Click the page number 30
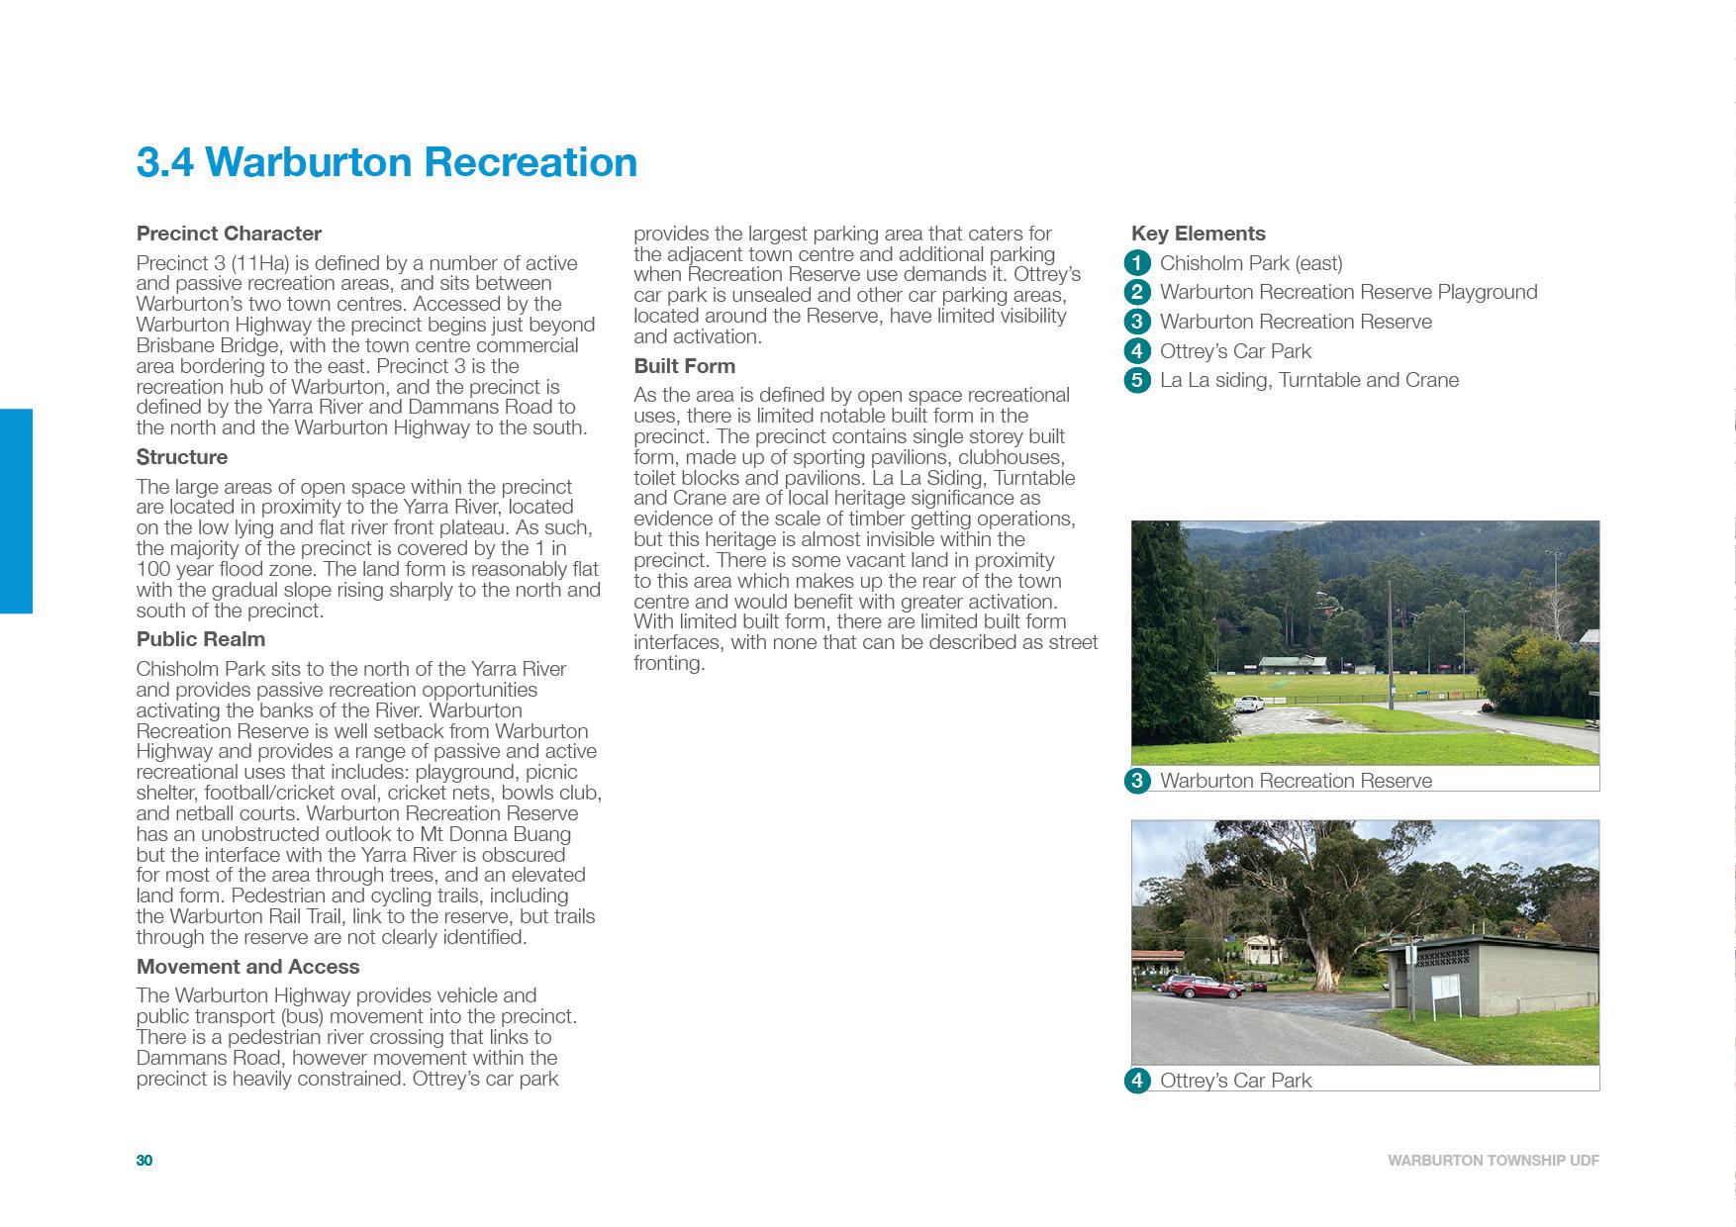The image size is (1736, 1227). [x=145, y=1161]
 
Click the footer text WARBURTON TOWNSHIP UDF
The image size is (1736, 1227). [x=1493, y=1161]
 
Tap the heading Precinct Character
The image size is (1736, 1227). [x=229, y=234]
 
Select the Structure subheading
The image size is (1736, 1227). [x=182, y=457]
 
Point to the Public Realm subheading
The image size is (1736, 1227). [x=201, y=639]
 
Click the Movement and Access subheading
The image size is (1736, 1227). [x=247, y=967]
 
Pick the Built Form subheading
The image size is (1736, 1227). [x=684, y=366]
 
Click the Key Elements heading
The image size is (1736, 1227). [x=1198, y=234]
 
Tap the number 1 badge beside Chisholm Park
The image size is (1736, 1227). [x=1137, y=263]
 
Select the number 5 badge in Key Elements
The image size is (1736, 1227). [x=1137, y=380]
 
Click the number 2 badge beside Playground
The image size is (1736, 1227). [x=1137, y=292]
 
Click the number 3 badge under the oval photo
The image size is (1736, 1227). [x=1137, y=781]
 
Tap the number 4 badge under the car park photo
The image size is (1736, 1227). [x=1137, y=1081]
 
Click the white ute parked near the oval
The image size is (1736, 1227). [x=1249, y=704]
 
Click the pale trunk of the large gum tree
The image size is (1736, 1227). [x=1324, y=965]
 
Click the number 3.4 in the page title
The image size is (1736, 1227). [x=164, y=162]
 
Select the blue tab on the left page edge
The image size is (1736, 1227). [x=16, y=511]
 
